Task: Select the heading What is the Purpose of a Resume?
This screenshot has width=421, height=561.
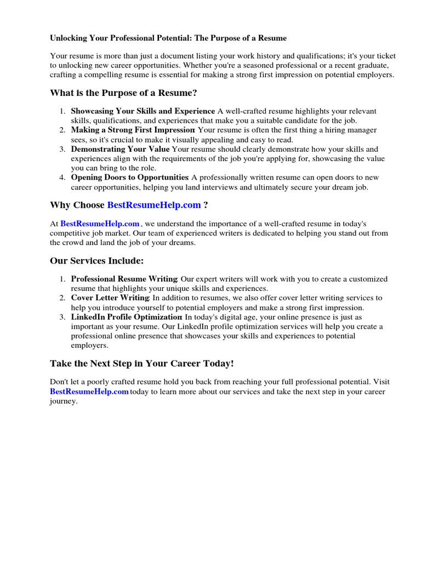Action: tap(123, 93)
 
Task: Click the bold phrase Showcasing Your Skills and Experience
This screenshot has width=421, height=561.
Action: tap(143, 111)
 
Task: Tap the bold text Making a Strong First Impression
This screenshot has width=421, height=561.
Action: tap(133, 130)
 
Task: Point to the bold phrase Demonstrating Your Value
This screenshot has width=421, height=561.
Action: tap(121, 149)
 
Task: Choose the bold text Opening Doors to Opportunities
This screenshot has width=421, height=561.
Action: tap(129, 177)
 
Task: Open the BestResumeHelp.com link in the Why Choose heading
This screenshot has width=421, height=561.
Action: tap(154, 205)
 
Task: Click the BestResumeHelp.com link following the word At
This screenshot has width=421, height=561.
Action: tap(100, 224)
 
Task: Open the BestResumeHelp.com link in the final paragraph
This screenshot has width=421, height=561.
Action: tap(89, 391)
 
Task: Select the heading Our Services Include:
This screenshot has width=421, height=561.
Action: tap(96, 261)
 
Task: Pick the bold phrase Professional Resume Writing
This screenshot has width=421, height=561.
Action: tap(124, 279)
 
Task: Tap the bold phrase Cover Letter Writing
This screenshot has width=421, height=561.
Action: tap(110, 298)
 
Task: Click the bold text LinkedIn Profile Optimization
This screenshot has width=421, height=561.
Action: tap(126, 317)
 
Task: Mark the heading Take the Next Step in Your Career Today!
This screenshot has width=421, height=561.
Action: tap(141, 364)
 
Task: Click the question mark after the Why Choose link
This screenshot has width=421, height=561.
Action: tap(206, 205)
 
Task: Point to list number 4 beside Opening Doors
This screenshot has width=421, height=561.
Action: tap(62, 177)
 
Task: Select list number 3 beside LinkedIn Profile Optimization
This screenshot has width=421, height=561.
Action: tap(62, 317)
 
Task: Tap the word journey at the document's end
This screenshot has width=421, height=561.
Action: tap(63, 400)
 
